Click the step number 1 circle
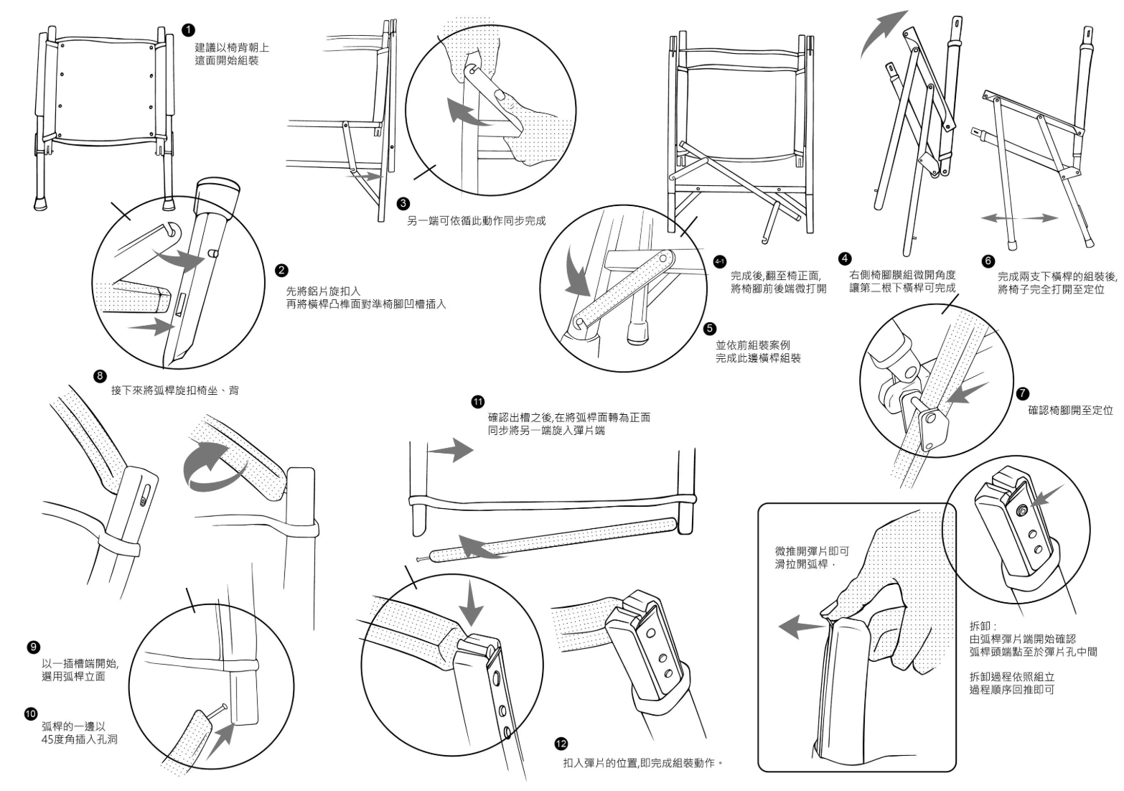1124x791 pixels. tap(188, 29)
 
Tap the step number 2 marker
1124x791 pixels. tap(281, 270)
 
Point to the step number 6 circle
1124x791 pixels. tap(988, 261)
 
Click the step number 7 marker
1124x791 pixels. tap(1023, 393)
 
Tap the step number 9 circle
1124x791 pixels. tap(32, 647)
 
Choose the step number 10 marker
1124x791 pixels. tap(31, 713)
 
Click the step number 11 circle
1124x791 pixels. tap(478, 401)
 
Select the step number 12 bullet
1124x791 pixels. tap(562, 743)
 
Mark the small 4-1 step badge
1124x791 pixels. tap(720, 261)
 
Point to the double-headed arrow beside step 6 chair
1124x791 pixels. tap(1019, 217)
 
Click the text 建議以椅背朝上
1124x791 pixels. tap(233, 47)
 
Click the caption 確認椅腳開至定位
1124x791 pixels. tap(1070, 411)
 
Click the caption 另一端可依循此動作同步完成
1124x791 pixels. tap(477, 220)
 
